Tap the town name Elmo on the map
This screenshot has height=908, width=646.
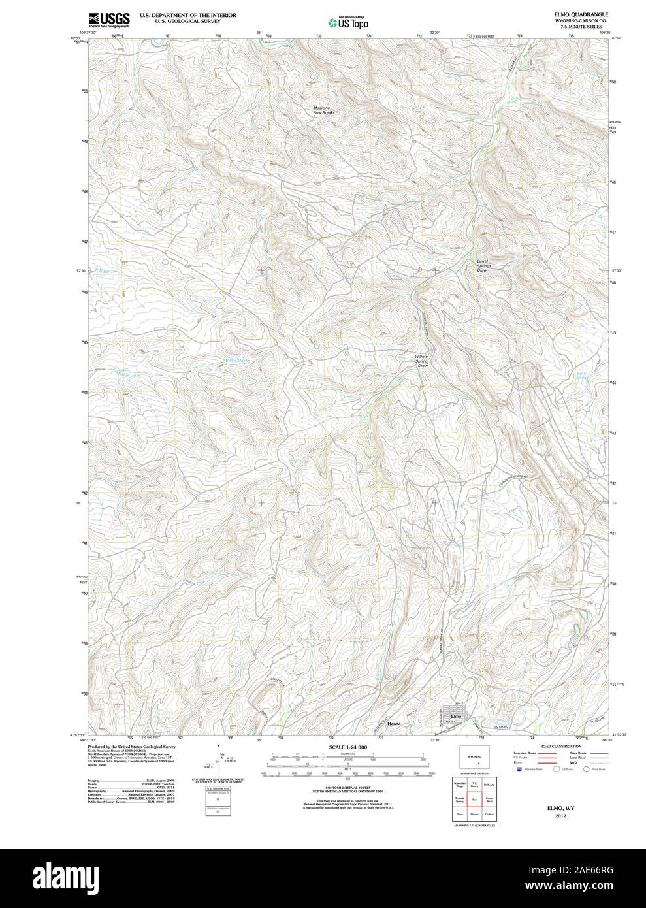click(456, 717)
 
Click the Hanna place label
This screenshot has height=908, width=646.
click(393, 724)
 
